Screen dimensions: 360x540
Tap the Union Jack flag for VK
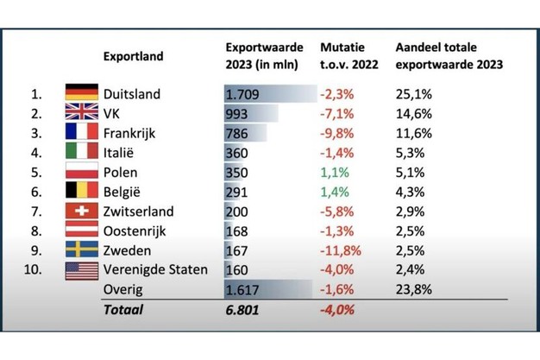[x=81, y=114]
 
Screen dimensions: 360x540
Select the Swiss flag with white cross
[x=81, y=212]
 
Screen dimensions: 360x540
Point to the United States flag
[x=81, y=270]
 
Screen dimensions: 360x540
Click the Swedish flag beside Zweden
[x=81, y=250]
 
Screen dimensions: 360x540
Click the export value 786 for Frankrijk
[x=237, y=134]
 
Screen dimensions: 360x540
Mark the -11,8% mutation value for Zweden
[x=340, y=250]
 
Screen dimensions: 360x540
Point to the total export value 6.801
[x=243, y=309]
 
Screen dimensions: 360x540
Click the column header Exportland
[x=134, y=56]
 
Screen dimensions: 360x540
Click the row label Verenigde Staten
[x=155, y=270]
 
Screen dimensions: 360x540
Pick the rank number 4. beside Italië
[x=36, y=153]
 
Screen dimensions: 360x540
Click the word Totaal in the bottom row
[x=123, y=309]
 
